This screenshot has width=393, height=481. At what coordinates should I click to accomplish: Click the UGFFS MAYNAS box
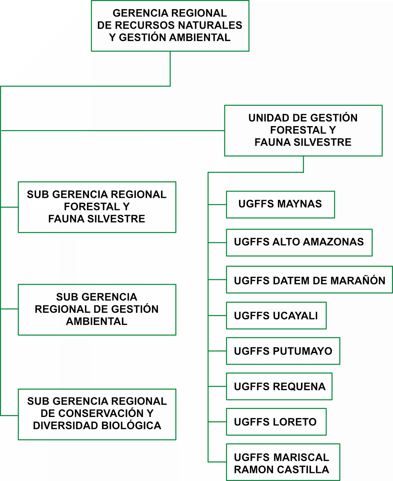point(280,204)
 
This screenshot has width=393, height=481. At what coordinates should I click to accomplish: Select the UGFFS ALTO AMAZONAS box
point(299,242)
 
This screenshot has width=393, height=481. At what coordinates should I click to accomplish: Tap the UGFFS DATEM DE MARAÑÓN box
point(309,280)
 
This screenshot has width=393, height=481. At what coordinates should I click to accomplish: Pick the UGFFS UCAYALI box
point(276,315)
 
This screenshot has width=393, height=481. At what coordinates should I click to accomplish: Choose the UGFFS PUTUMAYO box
point(283,351)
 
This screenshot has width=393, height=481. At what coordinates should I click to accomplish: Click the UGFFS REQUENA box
point(279,386)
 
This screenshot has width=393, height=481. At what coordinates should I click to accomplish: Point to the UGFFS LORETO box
point(276,422)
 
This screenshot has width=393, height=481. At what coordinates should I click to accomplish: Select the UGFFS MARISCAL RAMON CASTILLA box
point(283,462)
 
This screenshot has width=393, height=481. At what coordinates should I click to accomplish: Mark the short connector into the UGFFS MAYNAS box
point(217,205)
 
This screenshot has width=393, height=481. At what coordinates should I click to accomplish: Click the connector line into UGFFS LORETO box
point(217,422)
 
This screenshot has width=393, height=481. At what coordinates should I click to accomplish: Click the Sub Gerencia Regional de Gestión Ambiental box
point(97,309)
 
